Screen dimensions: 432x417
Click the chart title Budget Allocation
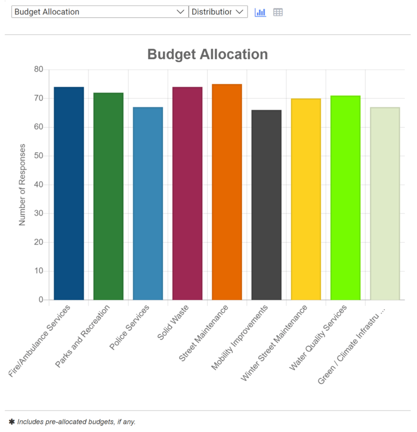coord(207,55)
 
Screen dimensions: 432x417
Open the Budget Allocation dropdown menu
coord(100,12)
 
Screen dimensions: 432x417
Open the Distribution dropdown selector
coord(218,12)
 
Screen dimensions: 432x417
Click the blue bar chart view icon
coord(260,12)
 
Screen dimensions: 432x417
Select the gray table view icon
coord(278,12)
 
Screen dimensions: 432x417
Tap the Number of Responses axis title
coord(22,185)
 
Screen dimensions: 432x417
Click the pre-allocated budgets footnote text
coord(76,422)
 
